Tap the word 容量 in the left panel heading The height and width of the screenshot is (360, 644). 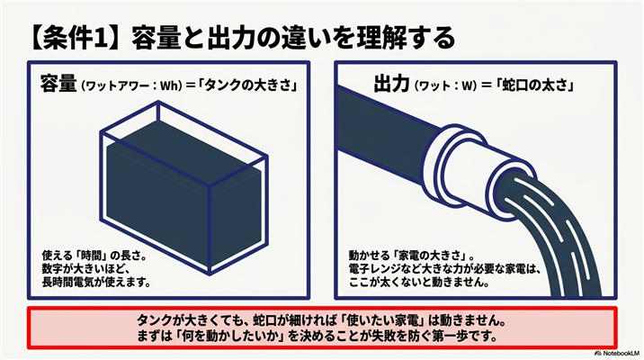pyautogui.click(x=58, y=85)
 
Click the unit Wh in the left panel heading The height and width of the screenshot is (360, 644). pyautogui.click(x=171, y=86)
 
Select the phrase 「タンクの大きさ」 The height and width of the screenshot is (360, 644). pyautogui.click(x=247, y=85)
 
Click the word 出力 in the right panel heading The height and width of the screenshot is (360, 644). pyautogui.click(x=391, y=85)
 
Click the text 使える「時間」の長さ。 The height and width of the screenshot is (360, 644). pyautogui.click(x=94, y=256)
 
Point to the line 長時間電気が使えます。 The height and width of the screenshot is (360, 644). pyautogui.click(x=96, y=283)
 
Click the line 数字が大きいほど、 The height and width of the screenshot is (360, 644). pyautogui.click(x=85, y=269)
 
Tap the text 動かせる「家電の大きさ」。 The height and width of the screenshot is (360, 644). pyautogui.click(x=412, y=256)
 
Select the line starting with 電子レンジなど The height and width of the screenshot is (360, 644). pyautogui.click(x=443, y=269)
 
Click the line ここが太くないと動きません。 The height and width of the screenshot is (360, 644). pyautogui.click(x=419, y=283)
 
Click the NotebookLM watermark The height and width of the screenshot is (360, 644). pyautogui.click(x=616, y=353)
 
